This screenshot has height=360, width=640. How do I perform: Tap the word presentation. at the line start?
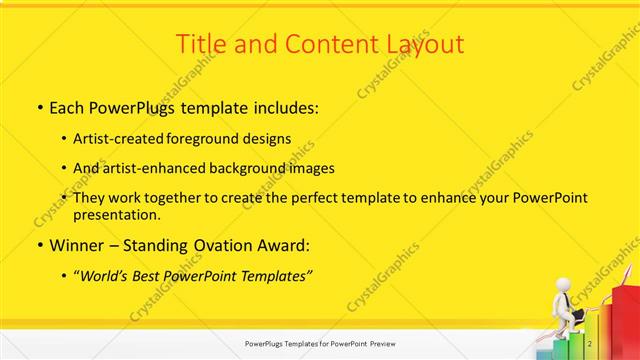pos(116,214)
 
